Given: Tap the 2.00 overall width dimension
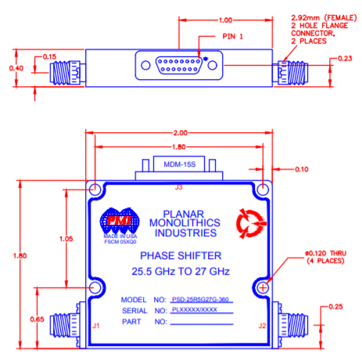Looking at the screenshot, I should (x=183, y=132).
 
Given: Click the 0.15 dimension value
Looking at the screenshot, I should (x=49, y=57).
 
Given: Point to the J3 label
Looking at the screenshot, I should (x=179, y=187).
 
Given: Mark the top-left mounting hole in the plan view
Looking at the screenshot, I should (x=96, y=190).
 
